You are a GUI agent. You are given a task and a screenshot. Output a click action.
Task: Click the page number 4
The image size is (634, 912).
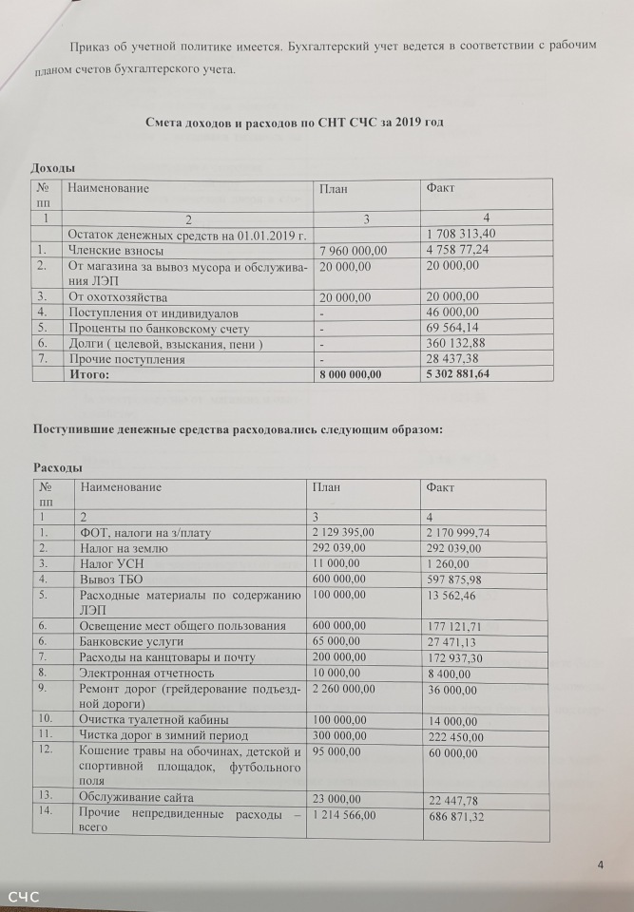click(601, 864)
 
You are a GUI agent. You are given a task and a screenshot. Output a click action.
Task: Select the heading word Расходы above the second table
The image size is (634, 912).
click(57, 468)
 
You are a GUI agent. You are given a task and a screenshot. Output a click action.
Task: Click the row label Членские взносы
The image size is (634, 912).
click(115, 251)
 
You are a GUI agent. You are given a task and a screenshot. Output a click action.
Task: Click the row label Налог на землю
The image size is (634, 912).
click(124, 549)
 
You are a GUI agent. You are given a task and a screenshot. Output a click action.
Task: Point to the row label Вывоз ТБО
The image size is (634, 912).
click(110, 578)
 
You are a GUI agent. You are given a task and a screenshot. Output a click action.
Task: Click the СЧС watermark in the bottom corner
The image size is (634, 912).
click(23, 897)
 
